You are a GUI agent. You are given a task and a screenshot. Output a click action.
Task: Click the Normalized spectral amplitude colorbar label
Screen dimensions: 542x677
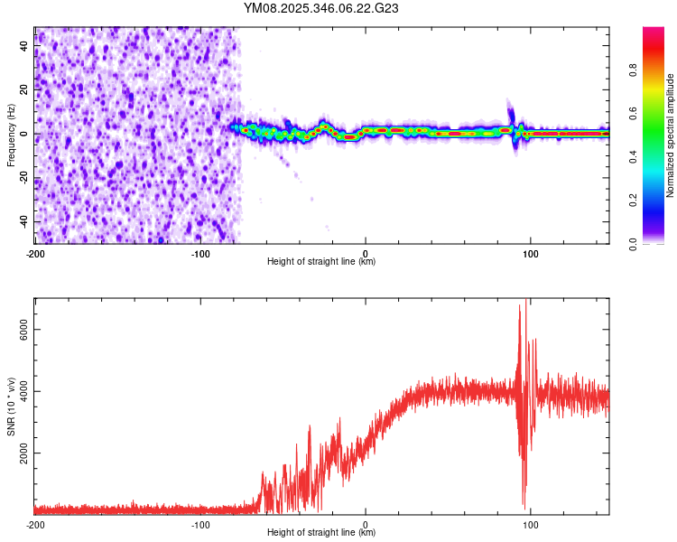(x=670, y=135)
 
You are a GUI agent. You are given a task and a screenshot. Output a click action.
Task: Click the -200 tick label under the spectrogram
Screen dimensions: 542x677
(x=34, y=254)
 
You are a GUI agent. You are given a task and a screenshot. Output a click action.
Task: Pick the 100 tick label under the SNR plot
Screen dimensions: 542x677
(x=531, y=524)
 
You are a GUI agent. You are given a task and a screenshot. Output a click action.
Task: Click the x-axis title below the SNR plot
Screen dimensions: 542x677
(x=321, y=533)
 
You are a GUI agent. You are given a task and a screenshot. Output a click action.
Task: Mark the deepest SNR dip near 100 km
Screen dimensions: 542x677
(x=524, y=506)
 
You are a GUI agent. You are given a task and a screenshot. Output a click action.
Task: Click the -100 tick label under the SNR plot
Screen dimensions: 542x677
(x=199, y=524)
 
